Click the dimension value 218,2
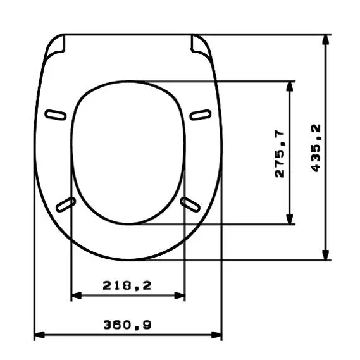click(x=127, y=286)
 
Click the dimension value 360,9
click(x=127, y=325)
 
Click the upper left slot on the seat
click(x=56, y=115)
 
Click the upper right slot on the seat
click(x=201, y=114)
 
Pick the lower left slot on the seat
click(x=66, y=204)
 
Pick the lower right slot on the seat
click(x=190, y=203)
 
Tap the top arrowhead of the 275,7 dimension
click(x=290, y=87)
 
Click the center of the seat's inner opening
click(x=128, y=152)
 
